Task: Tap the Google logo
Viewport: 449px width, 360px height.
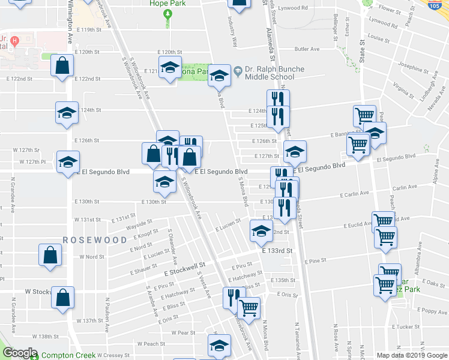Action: [19, 352]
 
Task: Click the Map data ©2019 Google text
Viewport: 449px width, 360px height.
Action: [411, 355]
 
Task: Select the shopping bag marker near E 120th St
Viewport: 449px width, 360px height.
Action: [62, 67]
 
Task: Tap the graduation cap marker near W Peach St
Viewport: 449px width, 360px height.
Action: [219, 345]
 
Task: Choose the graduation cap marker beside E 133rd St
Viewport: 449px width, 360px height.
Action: [261, 231]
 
